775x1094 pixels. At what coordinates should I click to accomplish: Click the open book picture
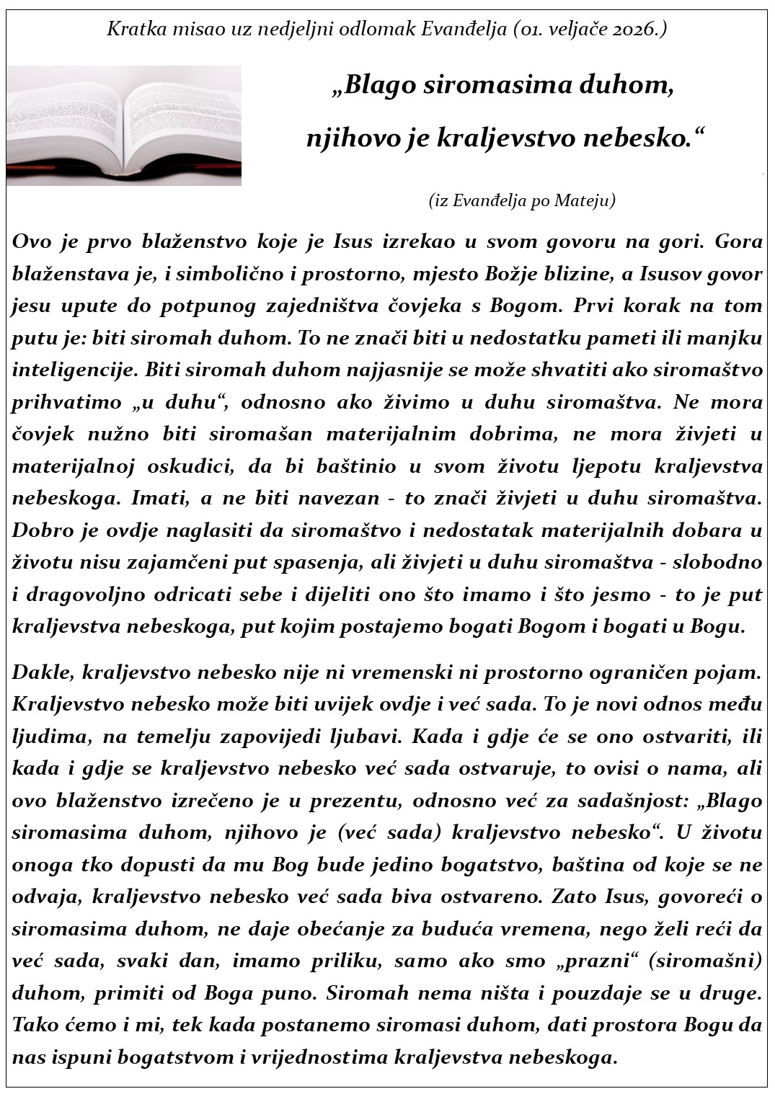point(124,125)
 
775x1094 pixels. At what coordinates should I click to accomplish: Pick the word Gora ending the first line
point(738,241)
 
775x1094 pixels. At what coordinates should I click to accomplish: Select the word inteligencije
point(74,370)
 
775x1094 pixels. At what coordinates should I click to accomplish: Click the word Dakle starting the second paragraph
point(42,672)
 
